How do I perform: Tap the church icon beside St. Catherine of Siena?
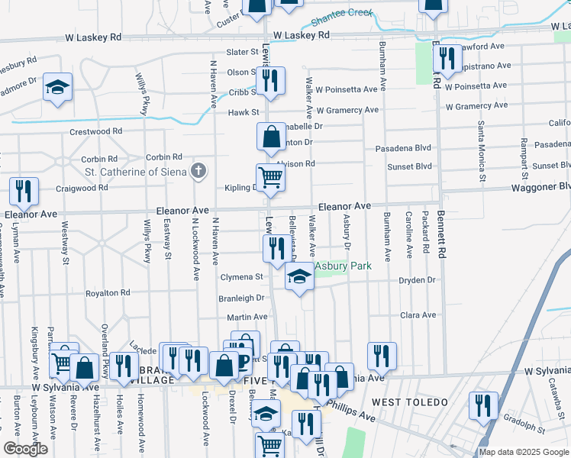[x=198, y=170]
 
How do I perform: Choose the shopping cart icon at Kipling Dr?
[x=270, y=178]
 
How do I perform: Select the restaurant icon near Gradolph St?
[x=483, y=405]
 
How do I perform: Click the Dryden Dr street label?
[x=417, y=280]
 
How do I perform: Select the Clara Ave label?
[x=418, y=314]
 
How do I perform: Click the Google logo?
[x=25, y=449]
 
